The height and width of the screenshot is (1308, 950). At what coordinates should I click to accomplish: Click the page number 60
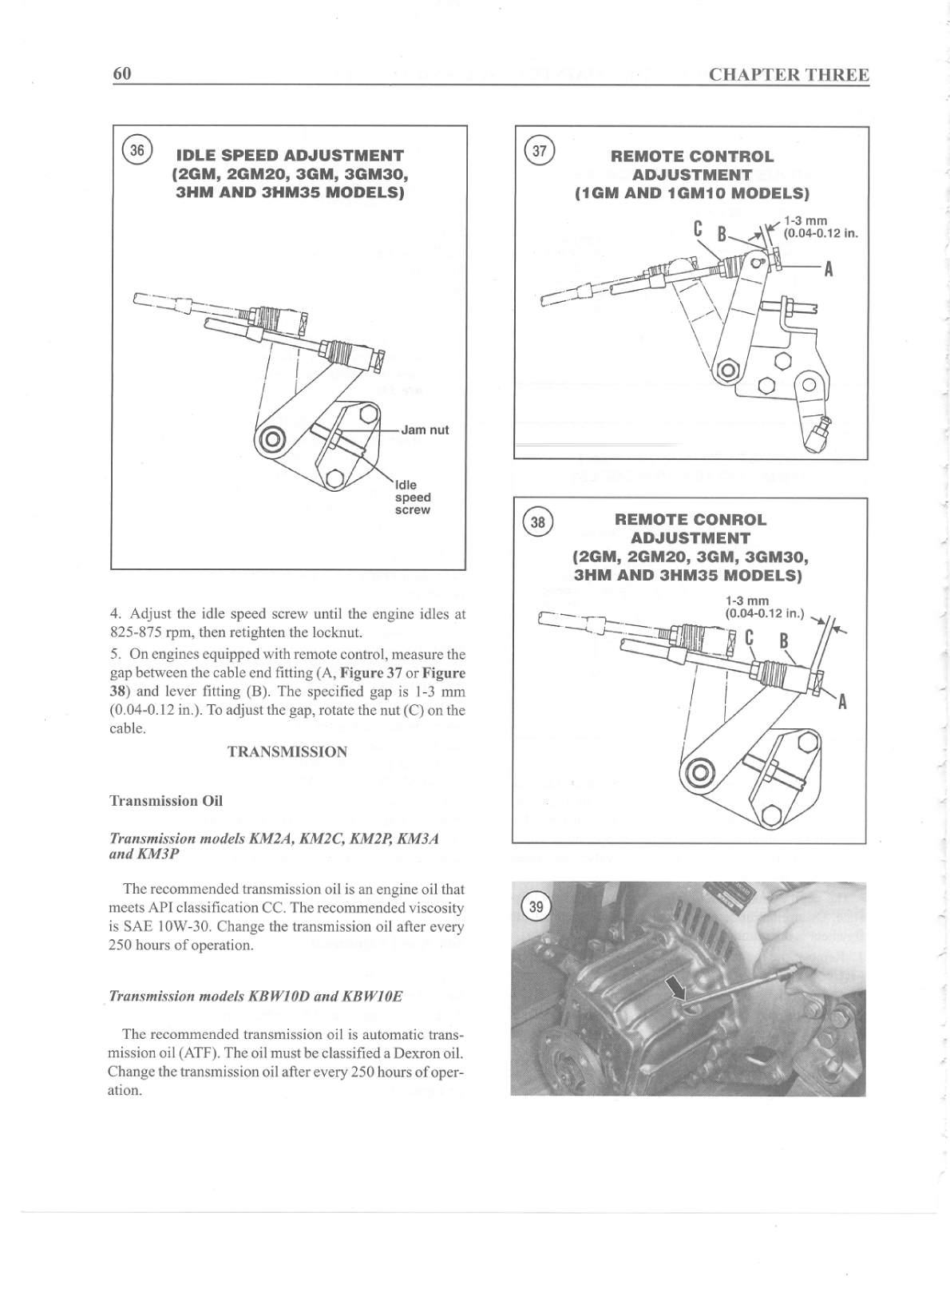click(121, 73)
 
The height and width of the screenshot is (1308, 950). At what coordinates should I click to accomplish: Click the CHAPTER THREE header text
click(788, 75)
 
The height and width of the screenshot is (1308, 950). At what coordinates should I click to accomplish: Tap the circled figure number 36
click(137, 150)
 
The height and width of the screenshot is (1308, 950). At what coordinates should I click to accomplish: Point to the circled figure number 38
click(538, 522)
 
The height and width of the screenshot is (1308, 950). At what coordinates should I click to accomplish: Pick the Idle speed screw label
click(413, 497)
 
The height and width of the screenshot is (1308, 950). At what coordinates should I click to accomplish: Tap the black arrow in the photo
click(678, 990)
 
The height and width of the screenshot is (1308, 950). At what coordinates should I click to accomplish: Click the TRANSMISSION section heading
click(287, 751)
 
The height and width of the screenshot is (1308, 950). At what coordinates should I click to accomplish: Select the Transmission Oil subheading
click(165, 800)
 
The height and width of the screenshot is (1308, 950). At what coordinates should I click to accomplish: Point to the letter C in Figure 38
click(750, 639)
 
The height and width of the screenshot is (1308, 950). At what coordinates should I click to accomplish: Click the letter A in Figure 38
click(841, 703)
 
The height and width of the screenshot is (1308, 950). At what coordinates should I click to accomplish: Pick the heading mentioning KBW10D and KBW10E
click(255, 996)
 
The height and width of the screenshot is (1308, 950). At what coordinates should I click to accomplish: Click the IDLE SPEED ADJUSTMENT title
click(290, 155)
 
